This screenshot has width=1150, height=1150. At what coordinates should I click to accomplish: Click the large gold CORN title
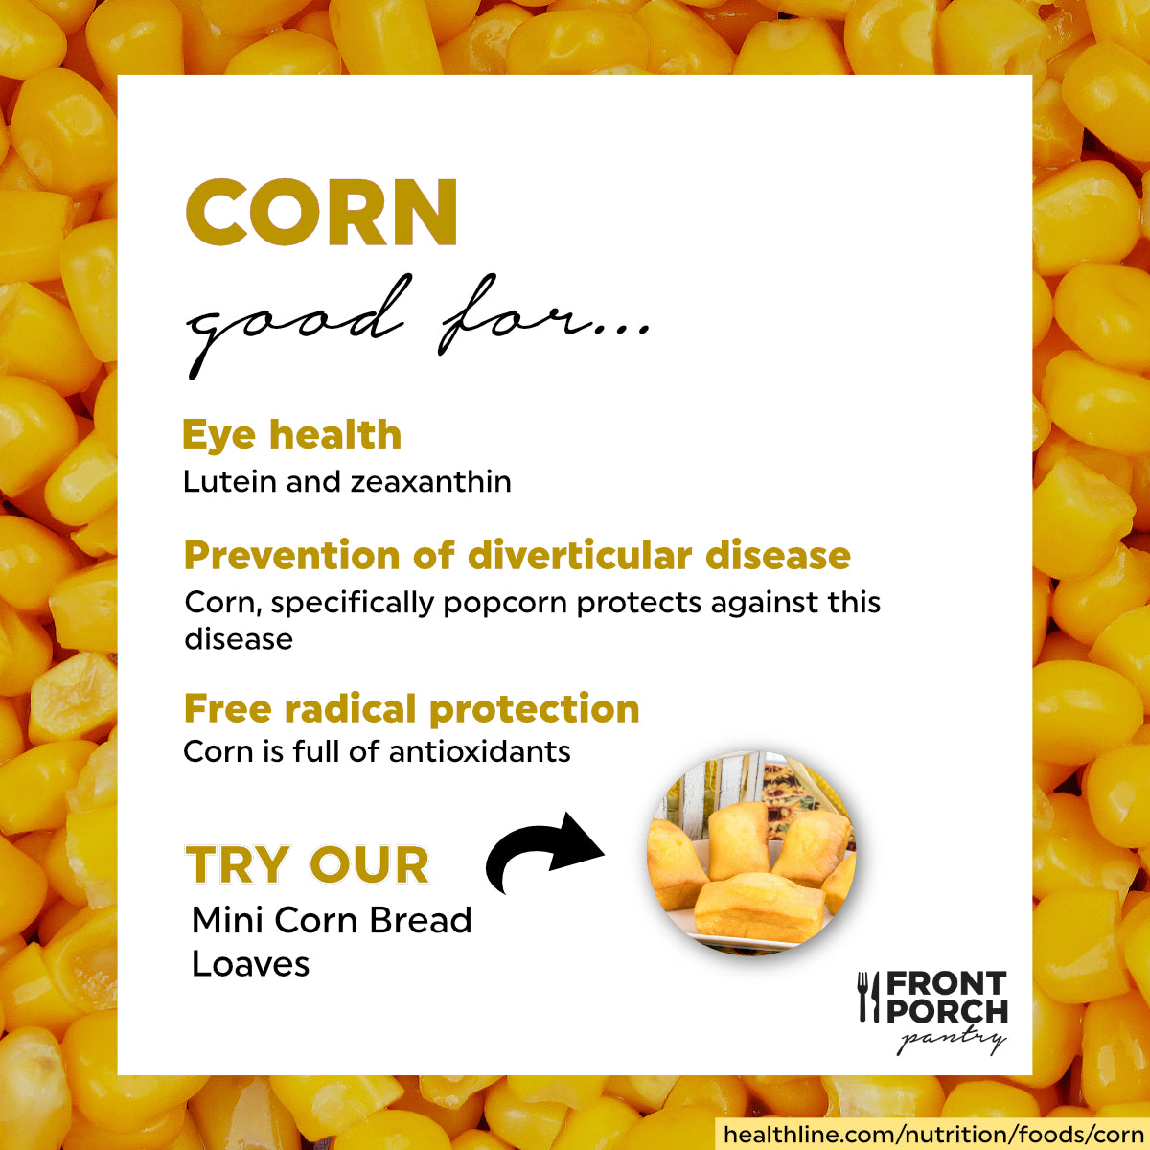pyautogui.click(x=321, y=213)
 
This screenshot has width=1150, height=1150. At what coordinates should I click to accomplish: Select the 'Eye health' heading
pyautogui.click(x=291, y=435)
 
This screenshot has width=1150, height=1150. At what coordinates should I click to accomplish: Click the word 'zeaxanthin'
pyautogui.click(x=430, y=481)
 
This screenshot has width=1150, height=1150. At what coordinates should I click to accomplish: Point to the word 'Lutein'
pyautogui.click(x=230, y=481)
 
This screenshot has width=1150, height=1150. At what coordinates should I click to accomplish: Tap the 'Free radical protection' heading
pyautogui.click(x=411, y=709)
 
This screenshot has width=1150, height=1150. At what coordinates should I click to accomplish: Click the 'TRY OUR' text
pyautogui.click(x=308, y=865)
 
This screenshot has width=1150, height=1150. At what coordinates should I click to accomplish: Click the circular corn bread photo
pyautogui.click(x=751, y=852)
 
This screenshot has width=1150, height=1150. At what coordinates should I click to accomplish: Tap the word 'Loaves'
pyautogui.click(x=251, y=964)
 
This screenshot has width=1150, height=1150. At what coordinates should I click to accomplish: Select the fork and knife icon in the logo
pyautogui.click(x=868, y=997)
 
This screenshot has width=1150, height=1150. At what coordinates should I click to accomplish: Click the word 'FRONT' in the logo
pyautogui.click(x=946, y=984)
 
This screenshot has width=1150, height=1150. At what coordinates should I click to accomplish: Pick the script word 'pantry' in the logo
pyautogui.click(x=951, y=1040)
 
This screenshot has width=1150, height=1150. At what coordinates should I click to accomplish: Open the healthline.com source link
pyautogui.click(x=932, y=1135)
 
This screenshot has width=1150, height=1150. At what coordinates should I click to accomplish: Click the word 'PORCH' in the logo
pyautogui.click(x=947, y=1012)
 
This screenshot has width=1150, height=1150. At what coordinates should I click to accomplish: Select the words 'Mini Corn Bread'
pyautogui.click(x=332, y=920)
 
